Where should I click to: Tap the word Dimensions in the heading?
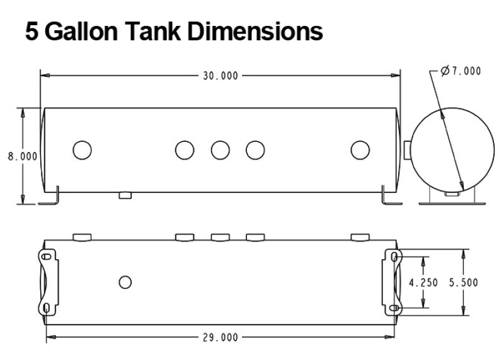[255, 32]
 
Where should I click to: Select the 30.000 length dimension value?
[220, 75]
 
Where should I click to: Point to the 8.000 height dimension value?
[22, 156]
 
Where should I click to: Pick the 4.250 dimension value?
[423, 283]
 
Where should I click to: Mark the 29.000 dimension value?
[220, 337]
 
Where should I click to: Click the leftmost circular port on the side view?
[82, 150]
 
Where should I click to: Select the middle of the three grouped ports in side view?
[220, 150]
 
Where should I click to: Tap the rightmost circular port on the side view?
[360, 150]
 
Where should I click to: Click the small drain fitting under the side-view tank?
[125, 195]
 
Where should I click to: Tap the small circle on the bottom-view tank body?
[125, 281]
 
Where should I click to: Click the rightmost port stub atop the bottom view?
[360, 237]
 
